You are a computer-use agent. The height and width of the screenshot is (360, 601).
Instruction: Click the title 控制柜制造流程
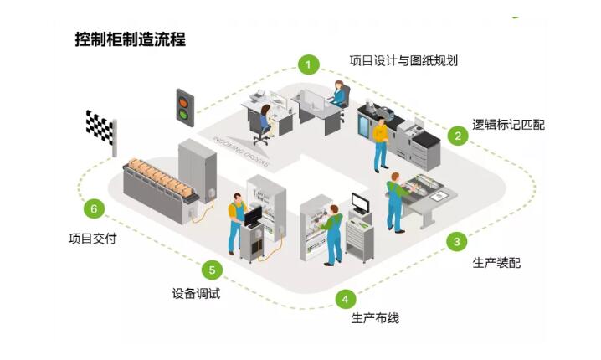click(130, 39)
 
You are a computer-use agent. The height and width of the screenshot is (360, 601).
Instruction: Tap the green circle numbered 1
click(310, 64)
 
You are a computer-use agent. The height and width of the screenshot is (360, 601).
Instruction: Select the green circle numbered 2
click(457, 135)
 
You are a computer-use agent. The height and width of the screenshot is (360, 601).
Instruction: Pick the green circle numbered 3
click(456, 242)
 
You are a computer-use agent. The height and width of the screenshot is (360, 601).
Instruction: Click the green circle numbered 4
click(345, 298)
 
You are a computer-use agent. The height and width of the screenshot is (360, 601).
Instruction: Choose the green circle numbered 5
click(212, 270)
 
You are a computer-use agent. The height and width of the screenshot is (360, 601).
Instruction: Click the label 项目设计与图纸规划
click(403, 60)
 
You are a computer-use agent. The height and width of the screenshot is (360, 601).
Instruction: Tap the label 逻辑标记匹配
click(508, 125)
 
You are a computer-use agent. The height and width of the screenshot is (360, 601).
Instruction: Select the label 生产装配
click(496, 263)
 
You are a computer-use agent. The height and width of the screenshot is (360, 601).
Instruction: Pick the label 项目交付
click(92, 238)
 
